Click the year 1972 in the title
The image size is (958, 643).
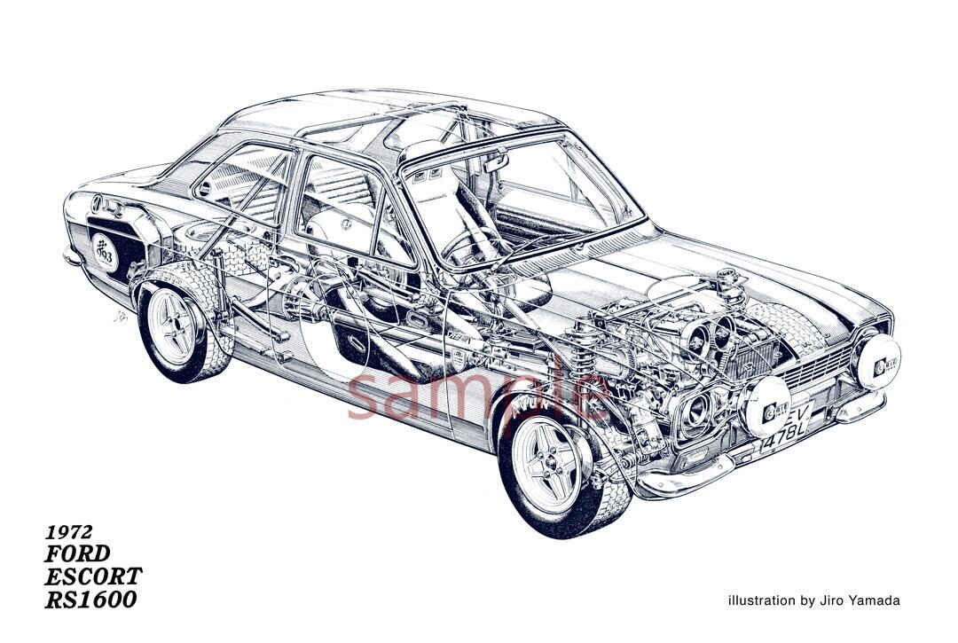tap(70, 532)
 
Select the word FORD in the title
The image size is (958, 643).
tap(78, 554)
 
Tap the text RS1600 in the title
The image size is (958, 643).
tap(91, 600)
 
